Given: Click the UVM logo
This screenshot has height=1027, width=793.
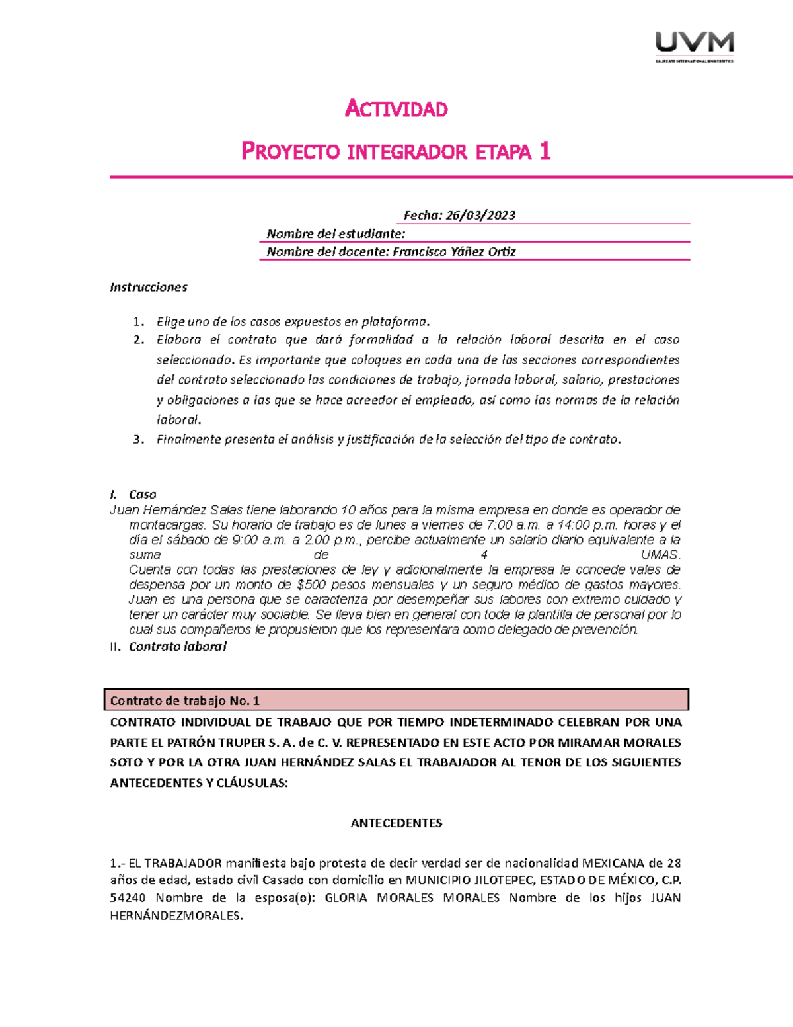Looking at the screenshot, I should pos(694,46).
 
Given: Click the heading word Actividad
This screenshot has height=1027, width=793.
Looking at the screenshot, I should pos(397,108).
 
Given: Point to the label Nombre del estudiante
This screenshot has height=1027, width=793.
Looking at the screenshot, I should pos(335,233).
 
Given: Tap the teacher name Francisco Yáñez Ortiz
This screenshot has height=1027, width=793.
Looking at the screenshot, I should pos(454,251).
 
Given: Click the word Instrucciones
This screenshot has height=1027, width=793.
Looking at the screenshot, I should pos(148,287).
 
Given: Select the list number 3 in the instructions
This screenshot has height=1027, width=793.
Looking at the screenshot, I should pos(137,440).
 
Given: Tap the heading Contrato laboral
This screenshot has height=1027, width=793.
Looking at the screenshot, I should pos(177,647).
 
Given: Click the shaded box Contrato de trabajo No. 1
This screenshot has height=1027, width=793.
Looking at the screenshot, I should pos(397,700).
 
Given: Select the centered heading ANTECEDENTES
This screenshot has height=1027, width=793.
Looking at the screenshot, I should pos(396,823).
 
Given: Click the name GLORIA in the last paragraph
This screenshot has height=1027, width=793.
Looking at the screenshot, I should pos(346,898).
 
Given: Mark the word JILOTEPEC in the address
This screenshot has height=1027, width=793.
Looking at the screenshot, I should pos(492,881).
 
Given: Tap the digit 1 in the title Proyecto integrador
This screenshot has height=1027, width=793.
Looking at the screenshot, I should pos(545,152).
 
